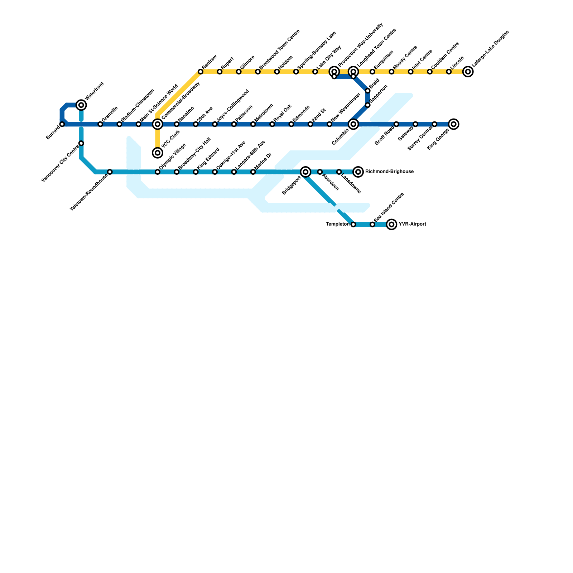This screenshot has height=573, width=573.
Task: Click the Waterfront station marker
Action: point(81,105)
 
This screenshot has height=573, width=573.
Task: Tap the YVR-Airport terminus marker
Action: point(391,225)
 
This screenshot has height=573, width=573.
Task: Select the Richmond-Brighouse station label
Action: point(389,172)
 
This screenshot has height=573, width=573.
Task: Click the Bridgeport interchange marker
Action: point(305,172)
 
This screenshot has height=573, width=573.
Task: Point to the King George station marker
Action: point(454,124)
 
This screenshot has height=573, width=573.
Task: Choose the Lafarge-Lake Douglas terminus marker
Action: point(468,72)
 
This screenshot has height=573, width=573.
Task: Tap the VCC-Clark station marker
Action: point(158,153)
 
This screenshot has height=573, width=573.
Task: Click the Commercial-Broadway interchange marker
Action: point(158,124)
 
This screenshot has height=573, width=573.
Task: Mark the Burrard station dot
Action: point(62,124)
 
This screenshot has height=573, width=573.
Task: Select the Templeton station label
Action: point(337,225)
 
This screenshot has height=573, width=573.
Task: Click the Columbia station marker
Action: point(353,124)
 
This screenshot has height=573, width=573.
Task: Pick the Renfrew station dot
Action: point(201,72)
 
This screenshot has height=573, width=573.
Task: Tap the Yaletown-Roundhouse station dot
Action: point(110,172)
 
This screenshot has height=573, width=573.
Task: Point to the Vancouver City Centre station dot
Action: point(81,143)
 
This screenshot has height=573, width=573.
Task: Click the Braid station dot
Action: point(368,91)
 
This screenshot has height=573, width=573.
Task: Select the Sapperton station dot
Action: point(368,105)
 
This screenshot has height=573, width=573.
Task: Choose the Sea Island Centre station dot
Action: point(372,225)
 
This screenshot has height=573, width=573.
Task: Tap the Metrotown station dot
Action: point(253,124)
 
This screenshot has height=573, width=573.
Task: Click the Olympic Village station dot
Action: point(158,172)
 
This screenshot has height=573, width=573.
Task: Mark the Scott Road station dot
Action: point(396,124)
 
